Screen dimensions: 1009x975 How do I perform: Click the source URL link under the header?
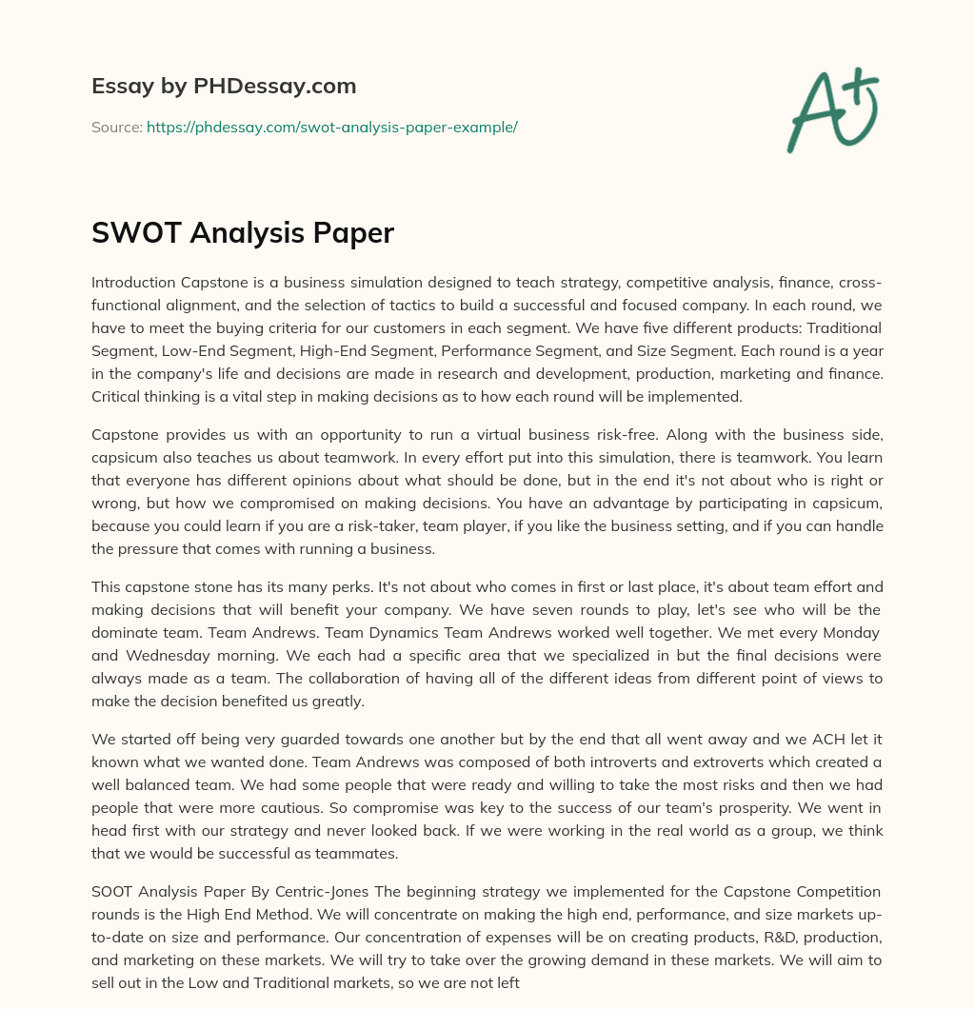pos(331,127)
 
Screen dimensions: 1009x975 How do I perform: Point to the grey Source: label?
pos(116,127)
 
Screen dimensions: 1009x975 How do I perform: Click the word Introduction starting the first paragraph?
pos(132,282)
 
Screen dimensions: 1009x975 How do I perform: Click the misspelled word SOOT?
pos(113,891)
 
